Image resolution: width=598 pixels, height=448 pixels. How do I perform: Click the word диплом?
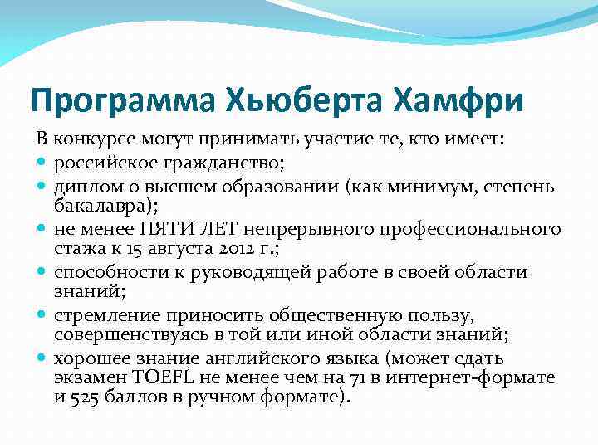(84, 186)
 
